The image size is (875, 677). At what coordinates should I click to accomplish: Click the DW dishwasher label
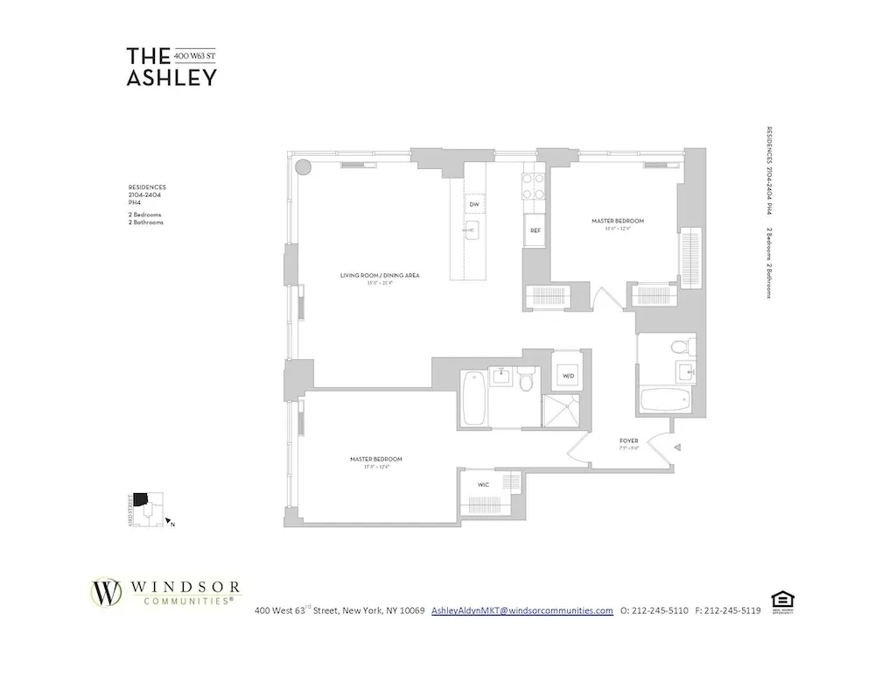coord(473,204)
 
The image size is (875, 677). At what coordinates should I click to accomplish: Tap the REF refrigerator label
coord(534,231)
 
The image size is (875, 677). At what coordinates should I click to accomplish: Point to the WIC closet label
coord(483,484)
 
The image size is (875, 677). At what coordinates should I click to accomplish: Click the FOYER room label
coord(627,441)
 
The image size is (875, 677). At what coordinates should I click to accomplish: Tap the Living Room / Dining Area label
coord(380,275)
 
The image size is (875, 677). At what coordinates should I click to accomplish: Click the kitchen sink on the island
coord(472,231)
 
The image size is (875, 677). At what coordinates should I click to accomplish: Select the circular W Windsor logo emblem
coord(108,592)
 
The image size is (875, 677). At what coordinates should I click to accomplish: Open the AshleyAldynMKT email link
coord(522,610)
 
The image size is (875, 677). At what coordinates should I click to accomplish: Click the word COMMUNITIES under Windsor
coord(182,602)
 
